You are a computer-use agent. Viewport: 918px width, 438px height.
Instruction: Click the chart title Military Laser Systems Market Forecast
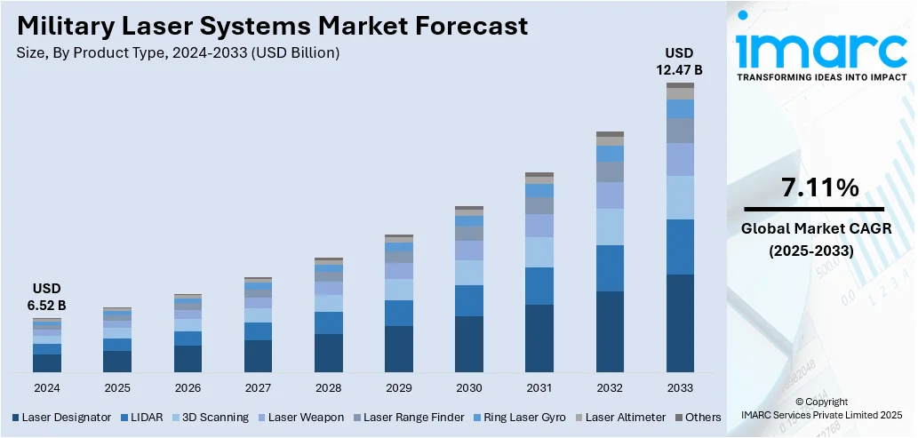[272, 26]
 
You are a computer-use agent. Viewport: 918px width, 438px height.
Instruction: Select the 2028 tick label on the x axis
[329, 388]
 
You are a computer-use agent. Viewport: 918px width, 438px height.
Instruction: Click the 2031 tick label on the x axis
[539, 388]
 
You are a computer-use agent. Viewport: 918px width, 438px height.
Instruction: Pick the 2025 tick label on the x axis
[117, 388]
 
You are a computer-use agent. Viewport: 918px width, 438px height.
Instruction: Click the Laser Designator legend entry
[62, 417]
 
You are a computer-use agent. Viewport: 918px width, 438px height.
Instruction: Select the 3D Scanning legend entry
[212, 417]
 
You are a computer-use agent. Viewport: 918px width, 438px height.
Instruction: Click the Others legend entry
[697, 417]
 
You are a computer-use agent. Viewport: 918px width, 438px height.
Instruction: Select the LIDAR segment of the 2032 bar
[610, 268]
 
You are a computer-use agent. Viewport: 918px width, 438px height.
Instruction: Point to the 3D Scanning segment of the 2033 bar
[680, 197]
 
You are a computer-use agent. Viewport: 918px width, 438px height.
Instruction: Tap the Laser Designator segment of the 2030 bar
[469, 344]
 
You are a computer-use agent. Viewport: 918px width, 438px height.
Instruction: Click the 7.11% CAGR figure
[820, 187]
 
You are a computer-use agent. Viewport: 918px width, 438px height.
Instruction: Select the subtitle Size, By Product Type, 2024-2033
[178, 53]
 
